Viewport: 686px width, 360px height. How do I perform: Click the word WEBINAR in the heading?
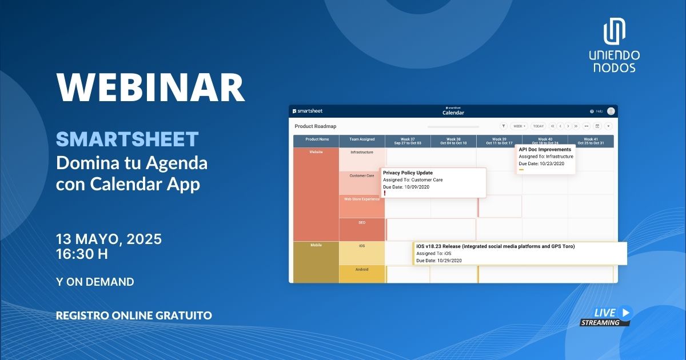pos(150,87)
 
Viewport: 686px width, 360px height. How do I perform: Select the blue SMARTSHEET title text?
pos(127,139)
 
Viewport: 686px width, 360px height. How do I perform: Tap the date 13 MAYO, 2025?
pos(109,239)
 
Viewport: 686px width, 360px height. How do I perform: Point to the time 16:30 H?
pos(82,254)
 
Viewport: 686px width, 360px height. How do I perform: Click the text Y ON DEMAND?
pos(95,282)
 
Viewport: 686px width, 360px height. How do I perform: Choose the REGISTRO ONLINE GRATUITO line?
pos(134,315)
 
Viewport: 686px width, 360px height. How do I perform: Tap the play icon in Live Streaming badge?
pos(625,312)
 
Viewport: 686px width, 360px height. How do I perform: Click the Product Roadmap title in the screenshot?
pos(315,126)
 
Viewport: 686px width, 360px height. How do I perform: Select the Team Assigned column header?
pos(362,139)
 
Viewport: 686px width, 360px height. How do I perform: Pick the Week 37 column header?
pos(408,141)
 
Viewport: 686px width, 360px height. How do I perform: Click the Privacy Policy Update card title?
pos(408,173)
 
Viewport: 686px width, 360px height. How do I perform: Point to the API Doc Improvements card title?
pos(545,150)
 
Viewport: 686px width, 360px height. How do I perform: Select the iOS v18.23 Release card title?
pos(495,246)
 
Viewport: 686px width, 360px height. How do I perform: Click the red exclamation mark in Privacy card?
pos(385,194)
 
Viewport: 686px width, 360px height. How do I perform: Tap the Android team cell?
pos(362,270)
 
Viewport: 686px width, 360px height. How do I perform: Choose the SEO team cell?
pos(362,223)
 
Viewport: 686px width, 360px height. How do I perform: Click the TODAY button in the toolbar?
pos(538,126)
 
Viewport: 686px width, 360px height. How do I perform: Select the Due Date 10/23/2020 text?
pos(541,163)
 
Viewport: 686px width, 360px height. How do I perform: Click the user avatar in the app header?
pos(611,111)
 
